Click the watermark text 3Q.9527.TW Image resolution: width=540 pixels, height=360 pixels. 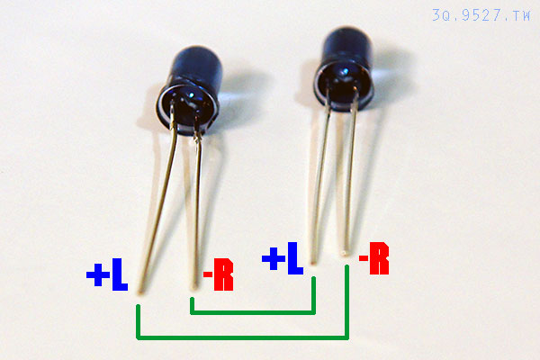[x=481, y=15]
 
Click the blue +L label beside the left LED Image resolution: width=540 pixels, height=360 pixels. [x=107, y=274]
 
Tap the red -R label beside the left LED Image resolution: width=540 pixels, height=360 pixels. [x=219, y=274]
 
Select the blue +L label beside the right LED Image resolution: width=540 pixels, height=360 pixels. [x=283, y=258]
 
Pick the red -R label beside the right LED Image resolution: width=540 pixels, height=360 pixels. [x=374, y=258]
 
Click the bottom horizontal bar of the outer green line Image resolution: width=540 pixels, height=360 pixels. [x=243, y=337]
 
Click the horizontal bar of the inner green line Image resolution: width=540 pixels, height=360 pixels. [x=253, y=312]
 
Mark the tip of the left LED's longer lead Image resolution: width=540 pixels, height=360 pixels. [x=140, y=292]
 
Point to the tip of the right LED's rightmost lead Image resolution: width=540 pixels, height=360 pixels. [x=345, y=253]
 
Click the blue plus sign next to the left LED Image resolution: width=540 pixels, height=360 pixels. [x=98, y=274]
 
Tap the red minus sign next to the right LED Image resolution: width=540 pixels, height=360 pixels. [x=364, y=257]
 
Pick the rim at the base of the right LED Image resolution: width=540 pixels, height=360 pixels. [x=344, y=89]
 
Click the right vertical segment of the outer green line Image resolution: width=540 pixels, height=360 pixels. [x=346, y=302]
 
